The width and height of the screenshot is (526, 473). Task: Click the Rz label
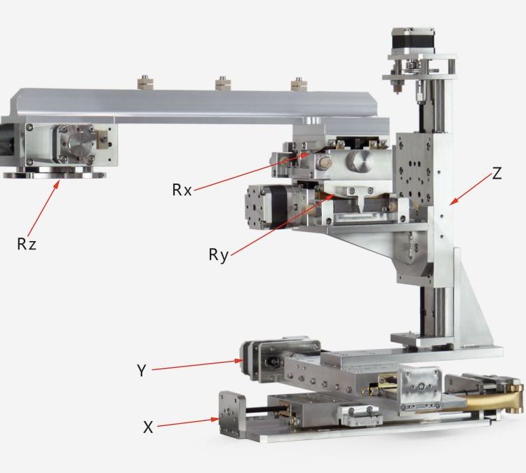coord(27,244)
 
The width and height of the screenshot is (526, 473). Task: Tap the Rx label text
coord(182,190)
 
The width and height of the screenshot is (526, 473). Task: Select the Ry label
coord(218,255)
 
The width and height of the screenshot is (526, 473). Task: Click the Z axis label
coord(497,173)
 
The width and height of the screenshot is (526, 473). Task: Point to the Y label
coord(142,371)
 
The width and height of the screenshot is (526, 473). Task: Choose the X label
coord(148,427)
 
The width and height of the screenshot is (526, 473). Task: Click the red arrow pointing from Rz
coord(43,208)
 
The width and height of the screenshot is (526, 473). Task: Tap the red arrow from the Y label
coord(197,365)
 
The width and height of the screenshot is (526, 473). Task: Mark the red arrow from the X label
coord(188,423)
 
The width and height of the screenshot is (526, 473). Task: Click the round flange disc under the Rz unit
coord(54,174)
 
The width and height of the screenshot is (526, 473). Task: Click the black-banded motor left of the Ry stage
coord(274,207)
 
